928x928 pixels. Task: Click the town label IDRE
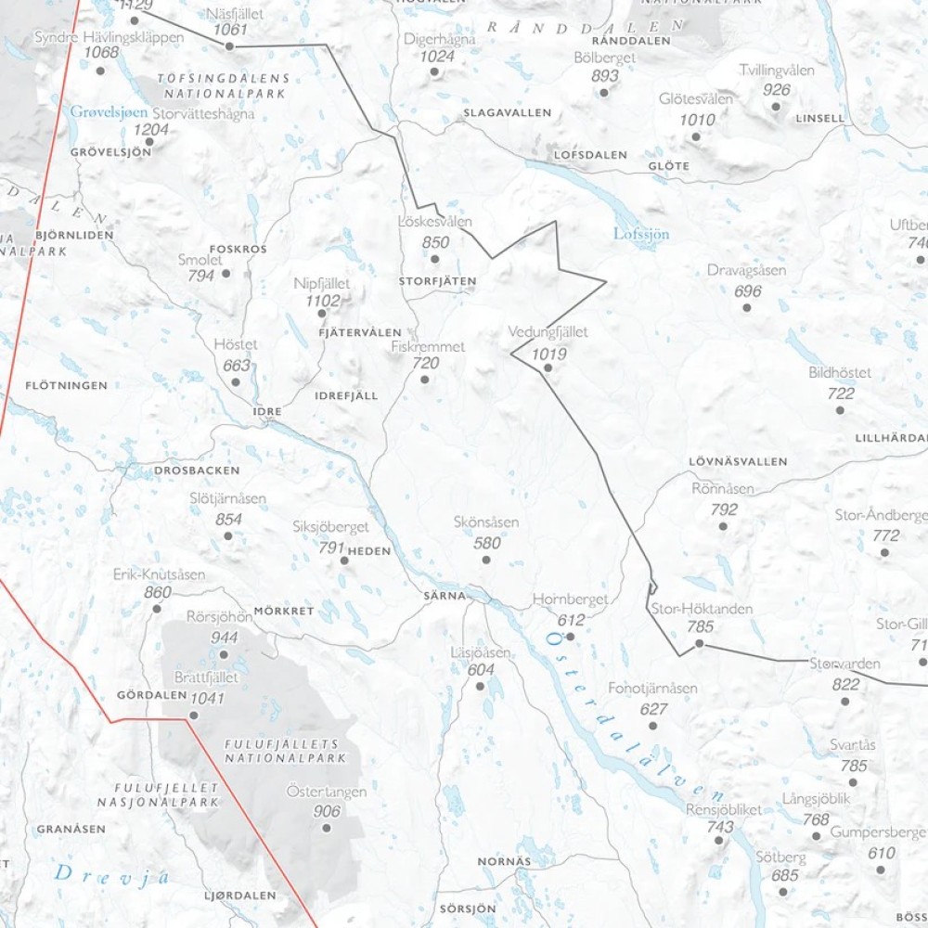click(x=266, y=410)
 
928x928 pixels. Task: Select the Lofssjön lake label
click(x=641, y=234)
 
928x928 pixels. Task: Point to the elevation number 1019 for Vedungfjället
click(x=548, y=353)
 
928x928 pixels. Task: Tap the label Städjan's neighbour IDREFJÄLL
click(x=347, y=395)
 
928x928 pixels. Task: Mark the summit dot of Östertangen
click(x=326, y=827)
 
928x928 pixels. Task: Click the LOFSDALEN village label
click(x=590, y=155)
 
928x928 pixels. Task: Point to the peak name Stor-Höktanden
click(x=701, y=609)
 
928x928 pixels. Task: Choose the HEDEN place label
click(x=369, y=550)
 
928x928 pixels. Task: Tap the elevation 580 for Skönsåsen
click(x=487, y=543)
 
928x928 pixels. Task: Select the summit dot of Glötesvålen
click(x=695, y=136)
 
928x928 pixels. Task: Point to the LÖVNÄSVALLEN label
click(x=738, y=461)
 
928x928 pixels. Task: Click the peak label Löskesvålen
click(x=434, y=222)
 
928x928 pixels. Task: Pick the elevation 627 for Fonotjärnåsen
click(x=653, y=709)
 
